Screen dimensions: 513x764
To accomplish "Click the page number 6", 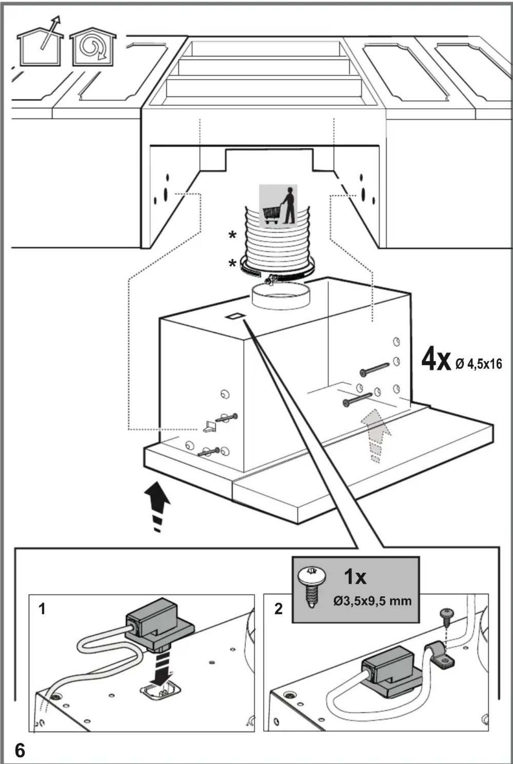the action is pyautogui.click(x=20, y=750).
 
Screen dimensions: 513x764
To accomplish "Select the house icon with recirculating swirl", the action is pyautogui.click(x=92, y=47).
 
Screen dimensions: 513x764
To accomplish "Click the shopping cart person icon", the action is pyautogui.click(x=278, y=205).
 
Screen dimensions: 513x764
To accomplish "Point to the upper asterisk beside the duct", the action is pyautogui.click(x=232, y=235).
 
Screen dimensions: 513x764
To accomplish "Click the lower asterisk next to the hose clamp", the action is pyautogui.click(x=232, y=264).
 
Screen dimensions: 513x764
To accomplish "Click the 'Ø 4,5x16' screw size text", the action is pyautogui.click(x=479, y=363).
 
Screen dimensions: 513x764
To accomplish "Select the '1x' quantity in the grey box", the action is pyautogui.click(x=355, y=577).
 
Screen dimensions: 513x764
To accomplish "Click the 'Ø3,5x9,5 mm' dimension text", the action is pyautogui.click(x=372, y=600).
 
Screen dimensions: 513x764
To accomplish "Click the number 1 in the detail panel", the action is pyautogui.click(x=42, y=609).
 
